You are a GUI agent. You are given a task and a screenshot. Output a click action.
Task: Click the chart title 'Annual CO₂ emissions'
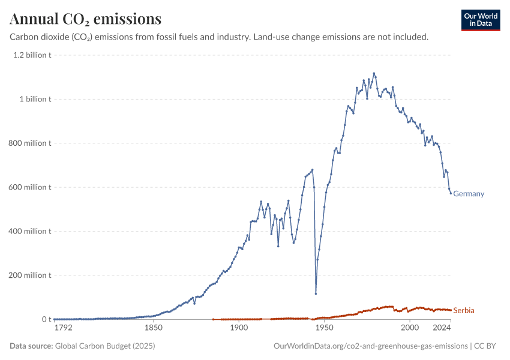coord(86,19)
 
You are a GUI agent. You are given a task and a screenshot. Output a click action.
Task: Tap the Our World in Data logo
coord(481,20)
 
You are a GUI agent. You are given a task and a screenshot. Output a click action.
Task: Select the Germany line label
coord(469,194)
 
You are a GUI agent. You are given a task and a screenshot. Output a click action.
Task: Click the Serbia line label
coord(464,310)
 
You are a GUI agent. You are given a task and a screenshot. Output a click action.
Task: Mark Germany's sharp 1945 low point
coord(316,293)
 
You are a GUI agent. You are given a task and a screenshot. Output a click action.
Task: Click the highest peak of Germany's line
coord(374,73)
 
